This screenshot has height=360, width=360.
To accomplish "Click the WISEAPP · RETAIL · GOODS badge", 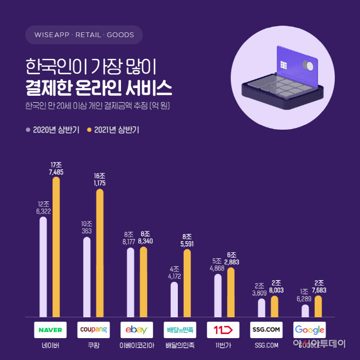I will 84,35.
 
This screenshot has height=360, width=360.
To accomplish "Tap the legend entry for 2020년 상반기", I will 53,130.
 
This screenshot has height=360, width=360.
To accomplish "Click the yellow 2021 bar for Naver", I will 56,246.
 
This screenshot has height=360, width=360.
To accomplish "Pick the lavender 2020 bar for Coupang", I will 87,277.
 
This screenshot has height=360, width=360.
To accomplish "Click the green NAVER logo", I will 50,330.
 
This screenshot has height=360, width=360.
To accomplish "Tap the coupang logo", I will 93,330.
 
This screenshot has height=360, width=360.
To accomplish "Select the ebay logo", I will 137,330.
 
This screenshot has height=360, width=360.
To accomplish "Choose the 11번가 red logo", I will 223,330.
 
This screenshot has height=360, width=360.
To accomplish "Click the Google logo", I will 310,330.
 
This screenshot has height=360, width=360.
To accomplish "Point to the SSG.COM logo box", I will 266,330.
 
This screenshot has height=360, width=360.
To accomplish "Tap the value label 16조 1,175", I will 99,179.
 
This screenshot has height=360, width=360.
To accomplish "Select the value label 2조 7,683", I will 318,287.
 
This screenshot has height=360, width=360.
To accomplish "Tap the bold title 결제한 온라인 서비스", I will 98,88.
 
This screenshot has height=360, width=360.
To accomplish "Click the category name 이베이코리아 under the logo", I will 137,345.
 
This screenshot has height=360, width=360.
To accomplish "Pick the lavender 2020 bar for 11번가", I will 218,295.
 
